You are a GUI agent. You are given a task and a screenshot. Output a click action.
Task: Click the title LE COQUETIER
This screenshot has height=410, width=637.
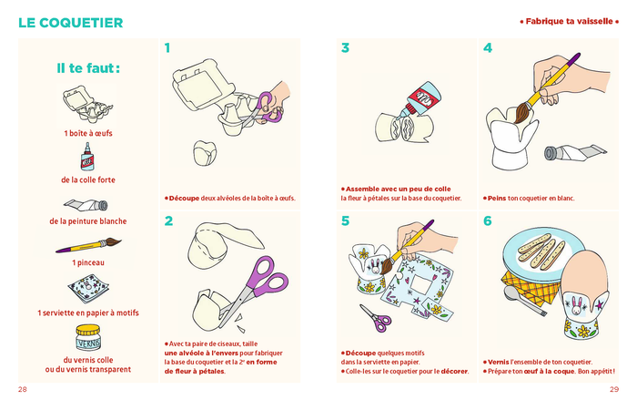[x=71, y=23]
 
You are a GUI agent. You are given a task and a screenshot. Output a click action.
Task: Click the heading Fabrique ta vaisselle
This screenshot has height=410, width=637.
[x=569, y=21]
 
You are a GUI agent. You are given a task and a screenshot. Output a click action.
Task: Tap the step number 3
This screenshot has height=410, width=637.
[x=345, y=48]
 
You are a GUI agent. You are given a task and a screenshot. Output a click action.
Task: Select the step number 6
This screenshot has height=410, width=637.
[x=488, y=220]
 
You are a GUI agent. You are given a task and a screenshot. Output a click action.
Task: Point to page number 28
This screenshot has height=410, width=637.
[x=23, y=389]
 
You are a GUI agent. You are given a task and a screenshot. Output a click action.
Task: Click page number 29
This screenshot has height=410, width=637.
[x=614, y=389]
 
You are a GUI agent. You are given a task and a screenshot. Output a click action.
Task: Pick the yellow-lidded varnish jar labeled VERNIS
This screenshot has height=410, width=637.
[x=87, y=338]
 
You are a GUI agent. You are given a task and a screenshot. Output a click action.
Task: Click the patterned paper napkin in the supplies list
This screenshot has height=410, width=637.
[x=88, y=289]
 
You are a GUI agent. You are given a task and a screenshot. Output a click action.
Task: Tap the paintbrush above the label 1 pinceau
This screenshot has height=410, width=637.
[x=88, y=245]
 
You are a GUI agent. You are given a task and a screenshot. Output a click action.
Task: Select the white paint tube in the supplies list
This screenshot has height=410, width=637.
[x=86, y=205]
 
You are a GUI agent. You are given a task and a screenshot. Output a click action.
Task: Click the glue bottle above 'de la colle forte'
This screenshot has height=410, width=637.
[x=87, y=157]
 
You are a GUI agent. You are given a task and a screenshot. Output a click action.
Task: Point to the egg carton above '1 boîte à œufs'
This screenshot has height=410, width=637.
[x=87, y=104]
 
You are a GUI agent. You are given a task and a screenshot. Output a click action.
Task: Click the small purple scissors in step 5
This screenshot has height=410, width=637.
[x=376, y=318]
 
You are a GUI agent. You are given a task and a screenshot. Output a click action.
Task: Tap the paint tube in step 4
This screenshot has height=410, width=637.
[x=575, y=152]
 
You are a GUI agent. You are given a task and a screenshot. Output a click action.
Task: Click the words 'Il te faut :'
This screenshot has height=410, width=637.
[x=88, y=68]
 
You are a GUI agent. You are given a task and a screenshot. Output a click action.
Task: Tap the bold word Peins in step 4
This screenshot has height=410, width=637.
[x=497, y=199]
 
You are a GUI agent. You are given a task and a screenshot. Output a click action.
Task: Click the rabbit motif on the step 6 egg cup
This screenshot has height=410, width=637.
[x=576, y=306]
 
